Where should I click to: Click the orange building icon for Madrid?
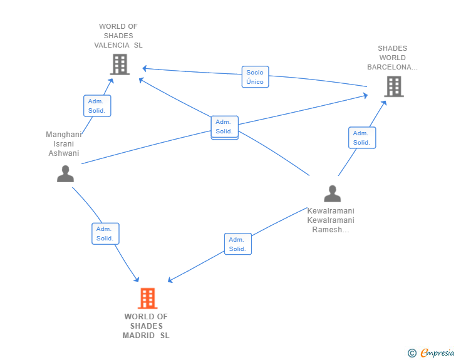click(147, 298)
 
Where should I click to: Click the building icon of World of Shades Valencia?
click(120, 64)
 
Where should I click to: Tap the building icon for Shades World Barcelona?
click(394, 86)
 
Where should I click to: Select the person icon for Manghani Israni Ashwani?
click(65, 173)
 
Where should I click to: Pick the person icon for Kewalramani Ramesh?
click(333, 193)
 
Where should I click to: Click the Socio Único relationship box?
click(255, 77)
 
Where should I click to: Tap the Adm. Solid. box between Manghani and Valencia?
click(97, 106)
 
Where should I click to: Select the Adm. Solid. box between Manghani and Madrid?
click(105, 234)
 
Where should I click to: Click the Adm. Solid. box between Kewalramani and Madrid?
click(238, 244)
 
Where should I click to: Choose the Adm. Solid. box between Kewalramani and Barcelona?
click(362, 138)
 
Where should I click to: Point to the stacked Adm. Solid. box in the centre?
click(224, 127)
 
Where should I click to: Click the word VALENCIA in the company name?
click(111, 45)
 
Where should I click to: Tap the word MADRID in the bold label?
click(138, 336)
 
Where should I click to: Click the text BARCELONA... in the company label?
click(392, 67)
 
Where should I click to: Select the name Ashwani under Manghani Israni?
click(64, 153)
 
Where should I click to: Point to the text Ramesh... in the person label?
click(331, 230)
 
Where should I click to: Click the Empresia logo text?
click(437, 352)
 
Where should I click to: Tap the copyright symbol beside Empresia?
click(412, 353)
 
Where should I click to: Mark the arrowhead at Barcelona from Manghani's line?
click(366, 95)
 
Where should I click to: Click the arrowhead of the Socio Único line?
click(144, 69)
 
